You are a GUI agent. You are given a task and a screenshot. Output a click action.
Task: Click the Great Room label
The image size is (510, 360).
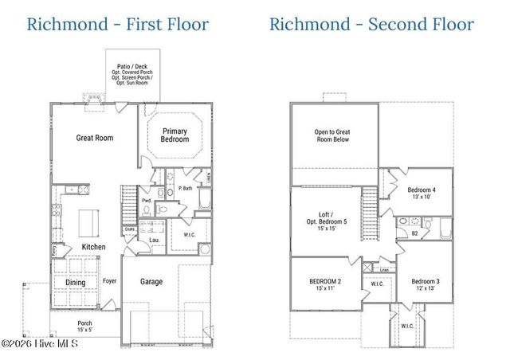coord(94,138)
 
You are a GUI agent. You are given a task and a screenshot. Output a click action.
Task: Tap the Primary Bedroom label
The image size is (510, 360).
coord(175,135)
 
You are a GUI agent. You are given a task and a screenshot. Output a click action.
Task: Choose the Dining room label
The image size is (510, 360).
coord(76,281)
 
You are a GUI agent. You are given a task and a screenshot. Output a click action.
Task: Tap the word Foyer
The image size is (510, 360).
coord(109,281)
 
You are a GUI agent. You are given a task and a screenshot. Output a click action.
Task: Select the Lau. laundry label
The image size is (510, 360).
coord(154,239)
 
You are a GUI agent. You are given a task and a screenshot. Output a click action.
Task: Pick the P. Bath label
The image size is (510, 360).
coord(185,188)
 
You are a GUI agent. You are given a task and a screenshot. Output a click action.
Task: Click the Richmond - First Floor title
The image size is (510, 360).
coord(117,23)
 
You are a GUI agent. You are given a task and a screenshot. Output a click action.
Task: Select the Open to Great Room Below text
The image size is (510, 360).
coord(333,136)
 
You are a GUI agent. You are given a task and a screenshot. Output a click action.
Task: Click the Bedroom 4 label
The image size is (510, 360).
coord(422,193)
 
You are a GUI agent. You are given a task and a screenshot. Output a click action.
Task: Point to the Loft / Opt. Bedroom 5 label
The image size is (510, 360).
coord(327,221)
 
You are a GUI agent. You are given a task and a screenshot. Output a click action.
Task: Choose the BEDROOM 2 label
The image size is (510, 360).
coord(325,285)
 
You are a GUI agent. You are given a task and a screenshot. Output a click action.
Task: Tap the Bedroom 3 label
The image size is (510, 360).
coord(425,285)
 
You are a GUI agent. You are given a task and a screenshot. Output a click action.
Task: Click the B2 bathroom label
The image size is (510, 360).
coord(415,233)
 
